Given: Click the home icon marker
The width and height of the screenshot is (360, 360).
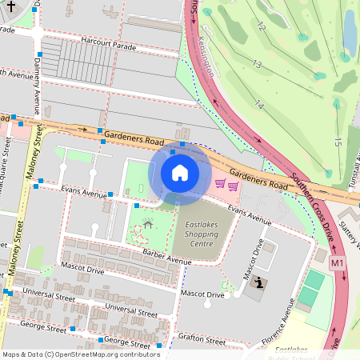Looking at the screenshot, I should tap(180, 172).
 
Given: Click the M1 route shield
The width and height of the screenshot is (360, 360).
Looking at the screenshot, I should tap(337, 262).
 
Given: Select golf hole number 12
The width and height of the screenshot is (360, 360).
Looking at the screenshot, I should tap(261, 26).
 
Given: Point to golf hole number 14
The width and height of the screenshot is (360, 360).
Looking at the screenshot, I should tap(258, 104).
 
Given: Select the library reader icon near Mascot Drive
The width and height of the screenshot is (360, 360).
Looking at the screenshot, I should tap(259, 283).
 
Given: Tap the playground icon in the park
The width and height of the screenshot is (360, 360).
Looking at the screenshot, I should tap(146, 226).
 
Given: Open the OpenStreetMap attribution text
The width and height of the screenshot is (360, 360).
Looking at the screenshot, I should tap(80, 354).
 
